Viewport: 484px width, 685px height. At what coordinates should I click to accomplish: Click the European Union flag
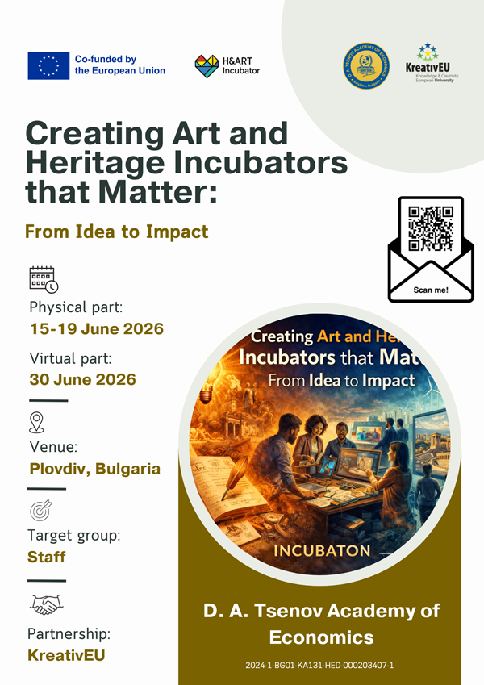48,65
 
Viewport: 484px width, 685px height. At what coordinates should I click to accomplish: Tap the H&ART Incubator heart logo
207,66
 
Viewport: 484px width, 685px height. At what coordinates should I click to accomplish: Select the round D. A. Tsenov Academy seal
370,65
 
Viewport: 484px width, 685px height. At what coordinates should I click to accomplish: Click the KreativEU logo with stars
428,62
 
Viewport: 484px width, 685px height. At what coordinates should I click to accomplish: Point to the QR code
431,228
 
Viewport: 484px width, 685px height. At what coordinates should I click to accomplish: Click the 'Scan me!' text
431,288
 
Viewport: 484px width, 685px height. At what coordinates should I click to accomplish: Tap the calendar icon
43,279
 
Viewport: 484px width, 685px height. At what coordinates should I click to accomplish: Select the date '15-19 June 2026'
96,329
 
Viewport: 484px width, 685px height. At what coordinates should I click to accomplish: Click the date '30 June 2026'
82,379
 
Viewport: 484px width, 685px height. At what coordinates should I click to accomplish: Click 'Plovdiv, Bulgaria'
94,469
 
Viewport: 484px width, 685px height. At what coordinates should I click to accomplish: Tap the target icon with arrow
40,512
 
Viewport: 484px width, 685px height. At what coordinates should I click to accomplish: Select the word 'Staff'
47,558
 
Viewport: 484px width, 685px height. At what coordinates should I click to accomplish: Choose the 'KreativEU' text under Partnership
66,654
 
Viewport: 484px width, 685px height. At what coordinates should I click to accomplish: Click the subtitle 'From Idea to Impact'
117,232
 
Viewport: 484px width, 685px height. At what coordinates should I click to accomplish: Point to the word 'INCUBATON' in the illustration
322,551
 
